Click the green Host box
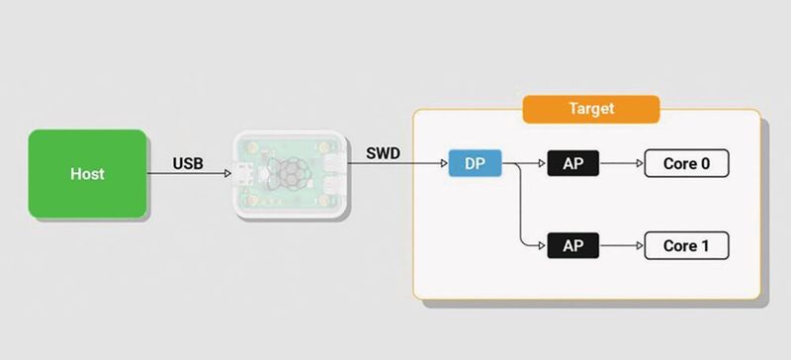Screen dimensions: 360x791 [87, 173]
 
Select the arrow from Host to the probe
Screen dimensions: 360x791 [188, 175]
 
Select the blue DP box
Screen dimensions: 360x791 [475, 164]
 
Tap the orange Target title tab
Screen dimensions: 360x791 [591, 109]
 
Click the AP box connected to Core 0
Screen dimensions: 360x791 [573, 164]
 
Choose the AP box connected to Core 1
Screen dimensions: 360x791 [573, 245]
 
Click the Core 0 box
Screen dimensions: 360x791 [686, 164]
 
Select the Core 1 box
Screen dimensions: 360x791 [686, 245]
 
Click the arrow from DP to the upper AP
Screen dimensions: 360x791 [524, 164]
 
